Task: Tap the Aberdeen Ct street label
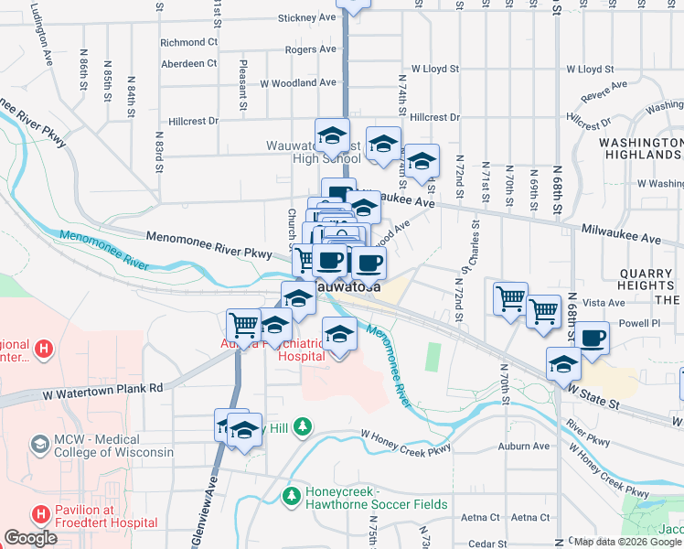click(187, 63)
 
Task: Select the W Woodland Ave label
click(297, 82)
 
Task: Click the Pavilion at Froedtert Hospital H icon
click(40, 515)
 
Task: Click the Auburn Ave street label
click(524, 447)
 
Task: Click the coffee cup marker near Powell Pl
click(592, 338)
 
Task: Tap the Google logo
click(30, 538)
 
